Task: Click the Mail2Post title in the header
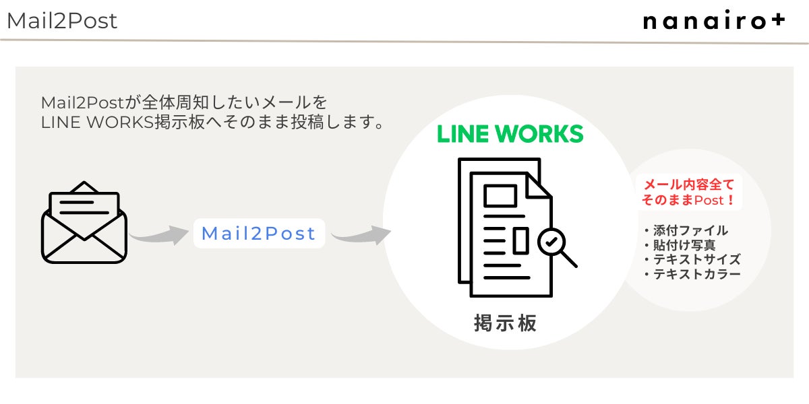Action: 62,21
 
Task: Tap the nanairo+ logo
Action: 714,22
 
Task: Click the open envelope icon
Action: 84,223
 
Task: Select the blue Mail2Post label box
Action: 259,234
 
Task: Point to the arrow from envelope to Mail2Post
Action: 159,235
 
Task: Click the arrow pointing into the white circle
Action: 361,235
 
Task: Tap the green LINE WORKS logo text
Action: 510,133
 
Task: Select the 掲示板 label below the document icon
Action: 506,323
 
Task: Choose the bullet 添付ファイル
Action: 686,230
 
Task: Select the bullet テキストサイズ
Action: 692,260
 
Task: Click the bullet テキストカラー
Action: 692,275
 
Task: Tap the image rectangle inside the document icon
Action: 500,197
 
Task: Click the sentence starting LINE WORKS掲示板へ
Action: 212,124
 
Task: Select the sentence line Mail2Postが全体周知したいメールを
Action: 184,104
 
